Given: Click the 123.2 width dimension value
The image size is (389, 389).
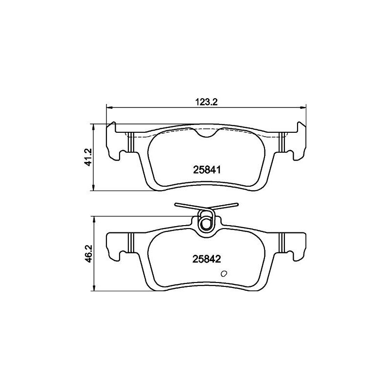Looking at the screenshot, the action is (206, 102).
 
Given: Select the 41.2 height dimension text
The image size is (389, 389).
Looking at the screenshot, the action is (88, 157).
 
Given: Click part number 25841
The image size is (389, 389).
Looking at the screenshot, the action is (207, 170).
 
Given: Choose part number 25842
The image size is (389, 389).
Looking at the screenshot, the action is (207, 259).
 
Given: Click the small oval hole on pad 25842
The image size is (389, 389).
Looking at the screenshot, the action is (224, 273).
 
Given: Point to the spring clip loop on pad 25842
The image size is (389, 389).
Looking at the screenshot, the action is (205, 221).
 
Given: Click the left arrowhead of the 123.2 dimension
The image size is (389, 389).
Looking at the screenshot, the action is (109, 107).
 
